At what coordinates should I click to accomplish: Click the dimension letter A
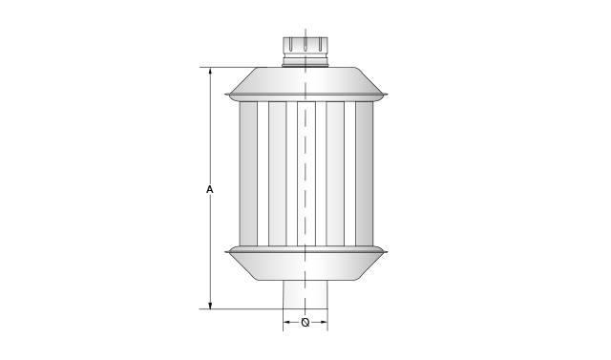pos(210,190)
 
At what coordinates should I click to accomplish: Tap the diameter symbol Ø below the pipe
pos(305,322)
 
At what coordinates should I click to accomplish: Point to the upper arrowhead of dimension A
pos(210,72)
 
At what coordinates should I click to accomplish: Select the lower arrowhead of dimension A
pos(210,305)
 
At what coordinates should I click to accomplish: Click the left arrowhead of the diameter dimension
pos(286,322)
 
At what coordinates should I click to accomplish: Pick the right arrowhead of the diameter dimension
pos(324,322)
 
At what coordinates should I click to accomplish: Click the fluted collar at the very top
pos(305,47)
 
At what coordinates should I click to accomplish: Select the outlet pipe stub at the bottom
pos(305,294)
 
